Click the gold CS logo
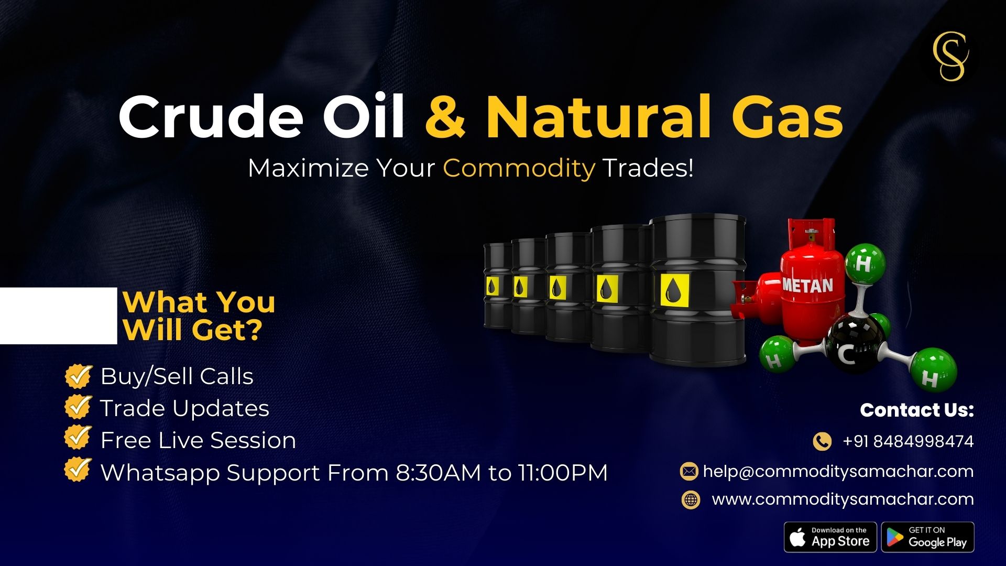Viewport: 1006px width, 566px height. point(950,57)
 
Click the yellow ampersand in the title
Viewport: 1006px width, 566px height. point(445,116)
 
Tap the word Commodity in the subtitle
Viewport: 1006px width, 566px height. point(519,168)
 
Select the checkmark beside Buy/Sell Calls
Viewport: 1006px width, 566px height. point(78,376)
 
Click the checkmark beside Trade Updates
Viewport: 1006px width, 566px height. point(78,408)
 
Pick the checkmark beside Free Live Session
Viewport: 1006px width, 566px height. point(78,438)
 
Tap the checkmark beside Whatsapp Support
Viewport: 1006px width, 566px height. point(78,470)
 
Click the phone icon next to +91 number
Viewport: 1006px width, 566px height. point(822,441)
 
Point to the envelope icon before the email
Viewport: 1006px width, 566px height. point(689,472)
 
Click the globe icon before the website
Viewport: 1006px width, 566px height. point(691,499)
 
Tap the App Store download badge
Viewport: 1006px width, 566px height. point(830,537)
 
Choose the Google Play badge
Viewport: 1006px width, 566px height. point(928,537)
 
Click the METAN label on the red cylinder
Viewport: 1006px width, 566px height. point(807,285)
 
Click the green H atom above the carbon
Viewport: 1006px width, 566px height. point(865,263)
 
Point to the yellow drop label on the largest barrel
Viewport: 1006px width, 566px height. point(674,290)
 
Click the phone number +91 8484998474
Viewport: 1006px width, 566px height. point(908,441)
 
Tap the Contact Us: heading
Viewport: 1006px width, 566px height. point(917,410)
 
